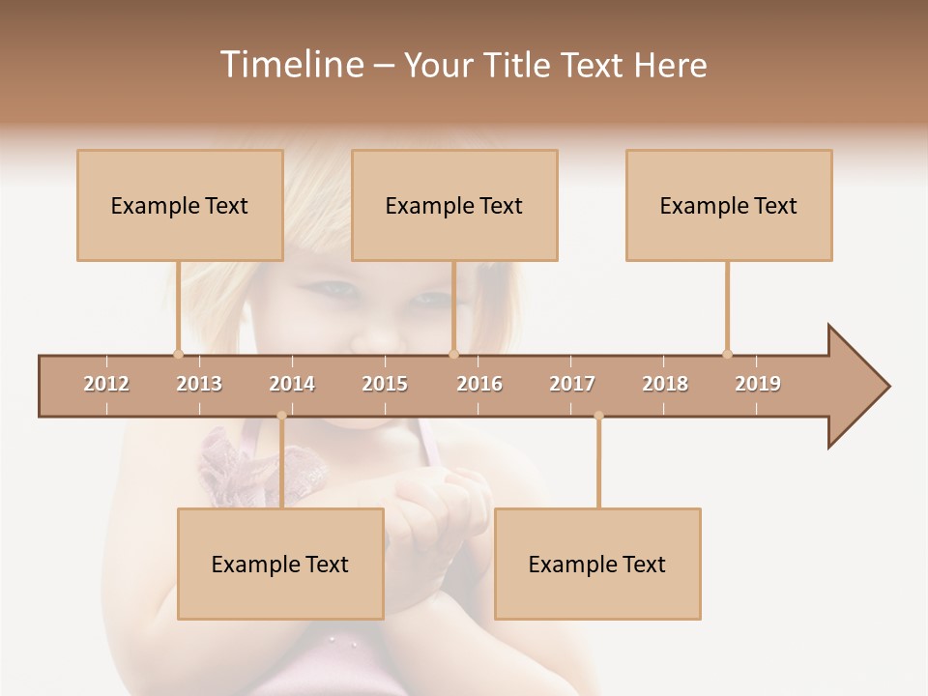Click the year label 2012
click(x=106, y=384)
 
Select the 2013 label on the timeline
click(x=199, y=384)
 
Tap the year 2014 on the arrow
click(x=292, y=384)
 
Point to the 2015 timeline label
click(x=385, y=384)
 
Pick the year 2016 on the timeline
click(x=479, y=384)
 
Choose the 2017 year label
click(x=572, y=384)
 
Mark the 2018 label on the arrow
click(x=665, y=384)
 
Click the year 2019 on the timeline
click(x=758, y=384)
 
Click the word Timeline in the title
click(x=290, y=65)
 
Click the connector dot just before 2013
click(x=178, y=354)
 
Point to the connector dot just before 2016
click(x=453, y=354)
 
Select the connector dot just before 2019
click(x=727, y=354)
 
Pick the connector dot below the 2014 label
click(x=281, y=416)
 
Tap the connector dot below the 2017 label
click(x=598, y=416)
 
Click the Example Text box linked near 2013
click(x=180, y=205)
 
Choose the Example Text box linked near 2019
click(x=729, y=205)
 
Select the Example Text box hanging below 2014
click(x=280, y=564)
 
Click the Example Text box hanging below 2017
click(x=597, y=564)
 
